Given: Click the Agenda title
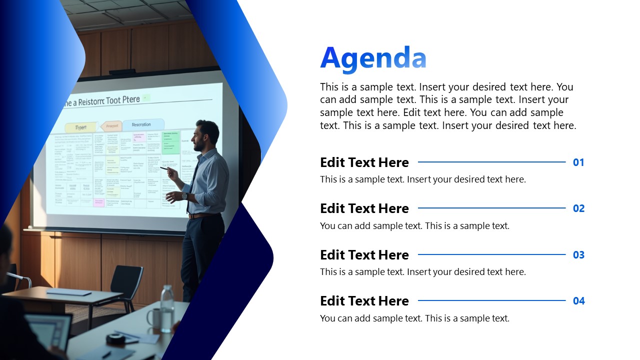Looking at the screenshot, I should (373, 58).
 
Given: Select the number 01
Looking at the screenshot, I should (578, 162).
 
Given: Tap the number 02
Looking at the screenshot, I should (578, 208).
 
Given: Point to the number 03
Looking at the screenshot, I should (578, 255).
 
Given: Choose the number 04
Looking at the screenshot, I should (578, 301).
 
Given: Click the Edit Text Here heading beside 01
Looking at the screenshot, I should (364, 162).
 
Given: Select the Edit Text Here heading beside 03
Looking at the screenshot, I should (364, 255).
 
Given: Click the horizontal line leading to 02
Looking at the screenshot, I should (491, 208).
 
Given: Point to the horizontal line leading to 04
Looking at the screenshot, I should (491, 300).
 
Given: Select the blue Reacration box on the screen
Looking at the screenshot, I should (143, 124).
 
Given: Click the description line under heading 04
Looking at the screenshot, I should (414, 318).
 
